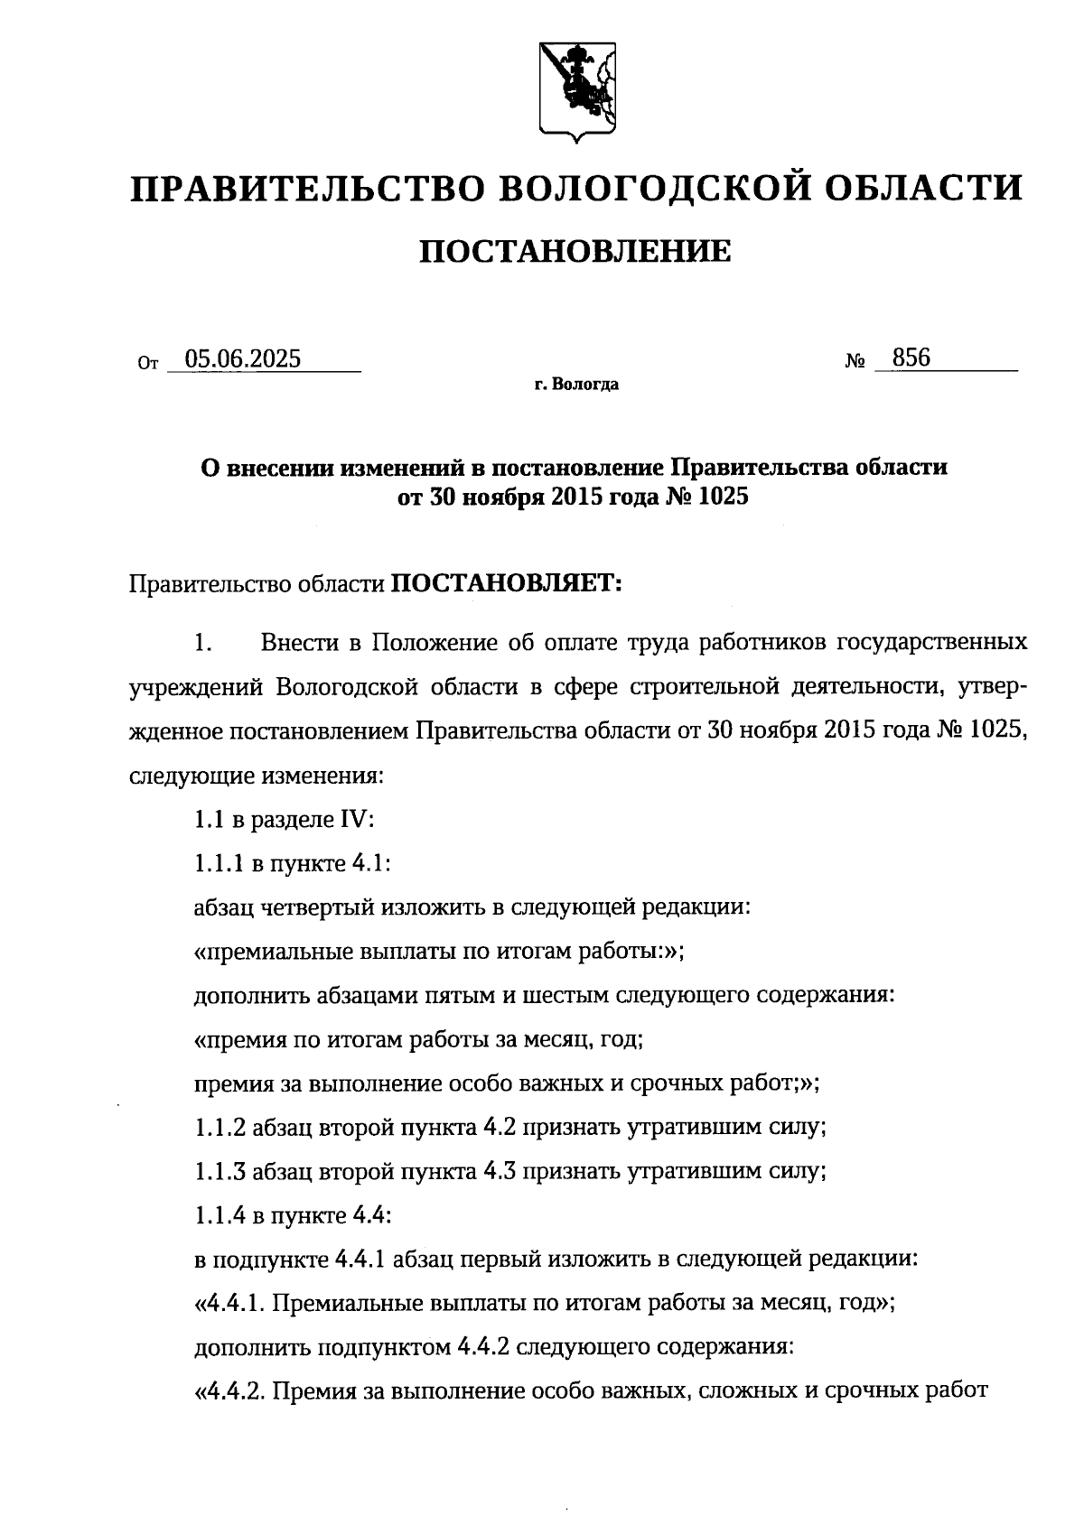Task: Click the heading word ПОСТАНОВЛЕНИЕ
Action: click(x=575, y=251)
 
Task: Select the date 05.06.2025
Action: click(x=242, y=359)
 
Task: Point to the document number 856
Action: click(x=911, y=358)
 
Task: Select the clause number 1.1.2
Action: click(x=220, y=1128)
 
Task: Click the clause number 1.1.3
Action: click(x=220, y=1172)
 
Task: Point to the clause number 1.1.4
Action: click(x=220, y=1216)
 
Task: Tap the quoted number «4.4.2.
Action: click(x=229, y=1391)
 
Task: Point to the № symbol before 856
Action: click(x=855, y=362)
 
